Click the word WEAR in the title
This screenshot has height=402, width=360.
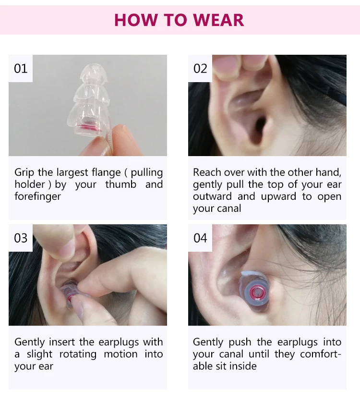coord(218,20)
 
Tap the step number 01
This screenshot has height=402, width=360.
coord(21,69)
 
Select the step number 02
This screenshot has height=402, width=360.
coord(200,69)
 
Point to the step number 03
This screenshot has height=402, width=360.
coord(21,238)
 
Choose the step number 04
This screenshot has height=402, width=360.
coord(200,238)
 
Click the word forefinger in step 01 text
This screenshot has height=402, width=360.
coord(37,196)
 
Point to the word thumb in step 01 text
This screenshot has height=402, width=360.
coord(120,184)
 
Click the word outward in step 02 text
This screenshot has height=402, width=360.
coord(212,196)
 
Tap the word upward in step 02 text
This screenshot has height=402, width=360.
coord(278,197)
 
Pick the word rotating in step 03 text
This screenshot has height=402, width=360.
coord(78,354)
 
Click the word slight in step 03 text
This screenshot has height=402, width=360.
coord(39,354)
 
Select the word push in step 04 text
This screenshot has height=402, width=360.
coord(240,342)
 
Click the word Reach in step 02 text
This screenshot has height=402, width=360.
coord(207,172)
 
